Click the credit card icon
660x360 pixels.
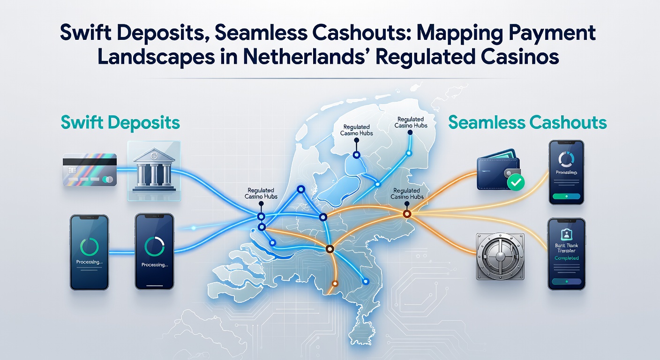tap(89, 171)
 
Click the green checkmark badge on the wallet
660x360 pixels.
tap(516, 182)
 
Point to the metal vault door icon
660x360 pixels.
tap(500, 256)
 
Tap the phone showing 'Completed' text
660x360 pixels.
tap(566, 254)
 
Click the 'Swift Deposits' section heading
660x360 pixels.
tap(120, 123)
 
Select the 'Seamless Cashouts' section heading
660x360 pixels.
tap(527, 123)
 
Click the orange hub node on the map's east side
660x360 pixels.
tap(407, 214)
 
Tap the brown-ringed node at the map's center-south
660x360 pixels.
tap(329, 249)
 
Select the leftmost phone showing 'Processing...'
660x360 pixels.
tap(90, 252)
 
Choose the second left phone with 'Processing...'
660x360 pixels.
tap(154, 252)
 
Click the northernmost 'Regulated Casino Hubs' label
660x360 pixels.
tap(411, 122)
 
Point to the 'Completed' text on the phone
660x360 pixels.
tap(566, 258)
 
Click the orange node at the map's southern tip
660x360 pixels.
tap(335, 283)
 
